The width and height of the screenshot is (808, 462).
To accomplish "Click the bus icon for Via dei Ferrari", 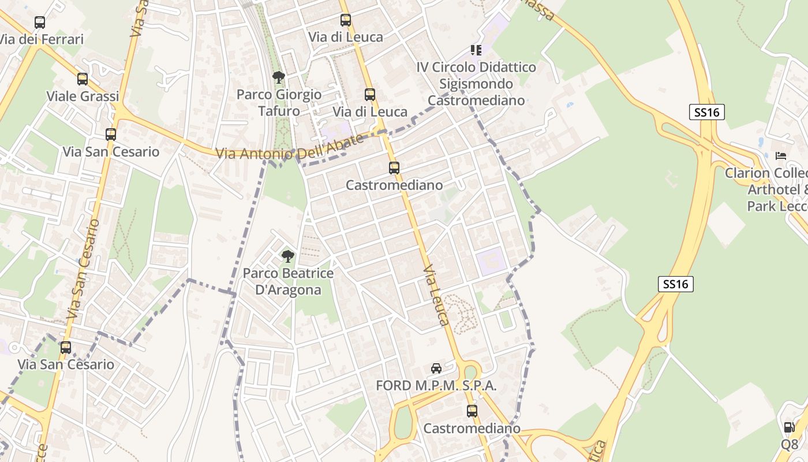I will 39,23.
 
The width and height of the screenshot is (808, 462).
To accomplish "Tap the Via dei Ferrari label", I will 42,39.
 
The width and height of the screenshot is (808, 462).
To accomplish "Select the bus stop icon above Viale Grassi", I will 83,79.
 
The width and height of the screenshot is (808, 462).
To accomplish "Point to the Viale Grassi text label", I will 83,96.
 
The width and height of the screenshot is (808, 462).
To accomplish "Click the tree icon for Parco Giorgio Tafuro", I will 279,77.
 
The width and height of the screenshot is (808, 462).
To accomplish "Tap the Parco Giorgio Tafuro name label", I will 279,102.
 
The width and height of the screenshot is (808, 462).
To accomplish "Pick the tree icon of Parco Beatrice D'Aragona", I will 287,256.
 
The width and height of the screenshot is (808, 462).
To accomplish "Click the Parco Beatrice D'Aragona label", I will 288,281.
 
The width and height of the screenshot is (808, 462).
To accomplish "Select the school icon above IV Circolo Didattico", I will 476,50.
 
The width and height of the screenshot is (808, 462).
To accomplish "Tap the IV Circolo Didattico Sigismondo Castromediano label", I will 476,84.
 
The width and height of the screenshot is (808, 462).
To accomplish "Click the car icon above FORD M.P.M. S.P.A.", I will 436,368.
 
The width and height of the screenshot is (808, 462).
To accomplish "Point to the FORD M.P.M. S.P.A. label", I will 436,386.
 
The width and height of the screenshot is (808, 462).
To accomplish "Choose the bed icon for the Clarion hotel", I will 781,156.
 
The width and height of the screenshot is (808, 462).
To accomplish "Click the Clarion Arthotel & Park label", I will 773,189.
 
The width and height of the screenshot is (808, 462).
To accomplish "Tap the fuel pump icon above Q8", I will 789,427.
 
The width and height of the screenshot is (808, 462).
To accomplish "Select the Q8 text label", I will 790,444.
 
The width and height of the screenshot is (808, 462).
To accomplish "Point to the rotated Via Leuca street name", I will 436,296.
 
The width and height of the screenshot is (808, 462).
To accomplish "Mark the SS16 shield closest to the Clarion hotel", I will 706,112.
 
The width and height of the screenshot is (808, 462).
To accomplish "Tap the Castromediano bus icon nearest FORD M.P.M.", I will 472,411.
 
